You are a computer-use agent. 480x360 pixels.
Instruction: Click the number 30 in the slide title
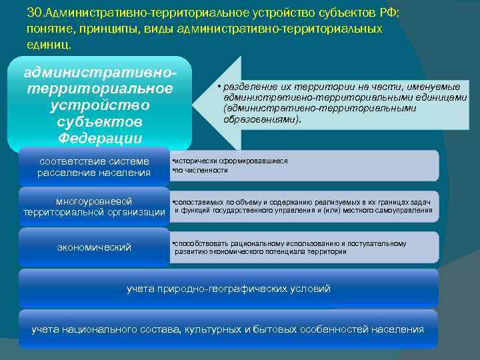pyautogui.click(x=34, y=13)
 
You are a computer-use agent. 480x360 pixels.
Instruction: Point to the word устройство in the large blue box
pyautogui.click(x=100, y=105)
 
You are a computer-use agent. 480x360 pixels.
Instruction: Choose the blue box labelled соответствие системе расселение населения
pyautogui.click(x=94, y=167)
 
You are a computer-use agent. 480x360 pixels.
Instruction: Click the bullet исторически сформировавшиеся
pyautogui.click(x=231, y=161)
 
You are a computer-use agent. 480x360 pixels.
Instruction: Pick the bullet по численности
pyautogui.click(x=201, y=171)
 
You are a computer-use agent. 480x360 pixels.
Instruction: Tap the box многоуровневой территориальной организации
pyautogui.click(x=94, y=207)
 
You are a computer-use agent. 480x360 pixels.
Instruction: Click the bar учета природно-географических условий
pyautogui.click(x=229, y=289)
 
